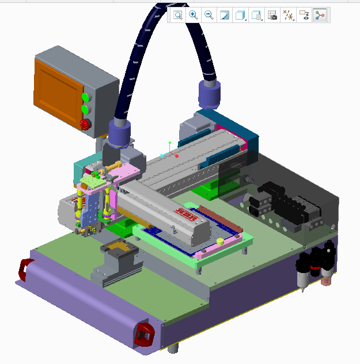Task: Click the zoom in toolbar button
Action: [x=194, y=16]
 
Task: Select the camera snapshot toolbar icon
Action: [x=273, y=16]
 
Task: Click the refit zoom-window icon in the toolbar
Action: [x=178, y=16]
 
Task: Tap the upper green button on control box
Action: [x=85, y=97]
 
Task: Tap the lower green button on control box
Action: [x=85, y=109]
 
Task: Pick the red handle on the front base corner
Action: [x=144, y=334]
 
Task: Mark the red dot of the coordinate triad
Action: [x=177, y=156]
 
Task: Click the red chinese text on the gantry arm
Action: [x=187, y=214]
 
